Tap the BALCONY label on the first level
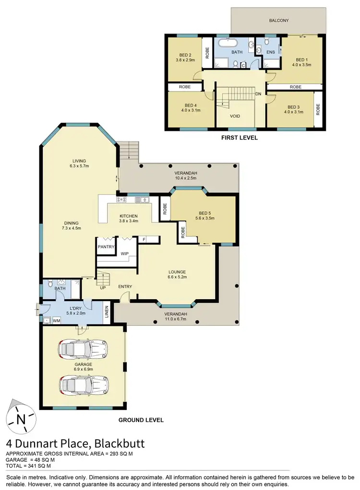(x=278, y=20)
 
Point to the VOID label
(x=235, y=116)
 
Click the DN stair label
(x=259, y=94)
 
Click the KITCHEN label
(x=129, y=216)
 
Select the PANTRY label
(x=106, y=247)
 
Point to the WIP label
(x=124, y=253)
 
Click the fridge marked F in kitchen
(x=144, y=239)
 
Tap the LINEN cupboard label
(x=106, y=312)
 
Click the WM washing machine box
(x=56, y=320)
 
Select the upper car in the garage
(x=82, y=350)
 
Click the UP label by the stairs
(x=103, y=288)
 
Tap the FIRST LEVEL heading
(x=239, y=138)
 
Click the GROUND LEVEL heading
(x=141, y=420)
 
